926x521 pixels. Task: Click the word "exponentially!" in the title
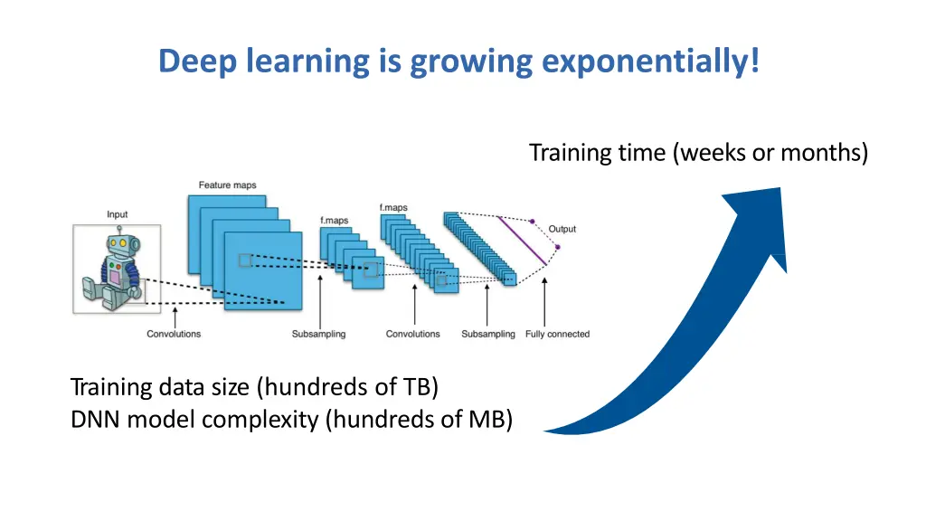pos(651,62)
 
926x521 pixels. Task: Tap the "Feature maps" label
pos(227,185)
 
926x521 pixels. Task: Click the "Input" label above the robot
pos(117,214)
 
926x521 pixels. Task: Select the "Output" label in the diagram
pos(562,229)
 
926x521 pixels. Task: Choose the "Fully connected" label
pos(557,334)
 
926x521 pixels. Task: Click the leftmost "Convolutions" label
pos(174,334)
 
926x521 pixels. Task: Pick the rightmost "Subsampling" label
pos(487,334)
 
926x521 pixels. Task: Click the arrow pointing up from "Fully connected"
pos(544,303)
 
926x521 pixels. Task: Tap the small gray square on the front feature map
pos(245,260)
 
